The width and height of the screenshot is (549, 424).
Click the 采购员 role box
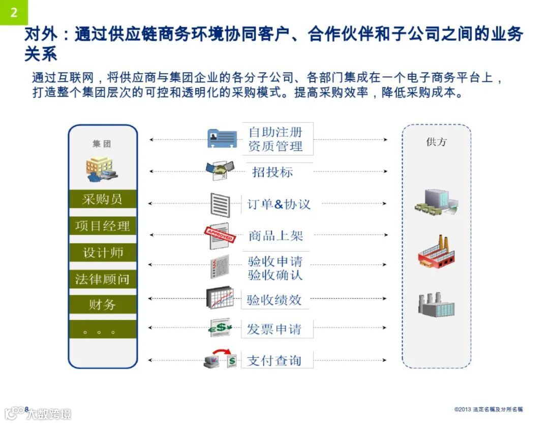pyautogui.click(x=103, y=199)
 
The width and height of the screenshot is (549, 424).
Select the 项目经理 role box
pyautogui.click(x=103, y=226)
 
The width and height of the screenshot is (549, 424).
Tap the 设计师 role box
pyautogui.click(x=103, y=253)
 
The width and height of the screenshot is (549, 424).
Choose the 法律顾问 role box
pyautogui.click(x=103, y=279)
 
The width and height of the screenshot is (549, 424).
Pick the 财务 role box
pyautogui.click(x=103, y=305)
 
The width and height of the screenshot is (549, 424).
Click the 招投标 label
pyautogui.click(x=273, y=172)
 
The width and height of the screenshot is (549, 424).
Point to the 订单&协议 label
pyautogui.click(x=279, y=204)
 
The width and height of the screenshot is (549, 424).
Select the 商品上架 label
pyautogui.click(x=276, y=235)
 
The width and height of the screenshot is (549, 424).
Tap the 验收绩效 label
pyautogui.click(x=274, y=300)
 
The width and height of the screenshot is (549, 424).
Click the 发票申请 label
pyautogui.click(x=274, y=329)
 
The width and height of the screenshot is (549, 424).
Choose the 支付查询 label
pyautogui.click(x=274, y=361)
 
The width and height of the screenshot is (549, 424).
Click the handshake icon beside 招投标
pyautogui.click(x=220, y=170)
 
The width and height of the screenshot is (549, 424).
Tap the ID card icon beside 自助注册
pyautogui.click(x=222, y=138)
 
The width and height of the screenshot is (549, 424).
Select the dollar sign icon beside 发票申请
pyautogui.click(x=221, y=328)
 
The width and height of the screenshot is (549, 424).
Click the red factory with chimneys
pyautogui.click(x=435, y=252)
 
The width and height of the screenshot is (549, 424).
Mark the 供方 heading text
pyautogui.click(x=436, y=142)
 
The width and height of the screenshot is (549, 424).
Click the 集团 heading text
pyautogui.click(x=102, y=144)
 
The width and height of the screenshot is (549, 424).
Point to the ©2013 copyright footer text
pyautogui.click(x=488, y=409)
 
